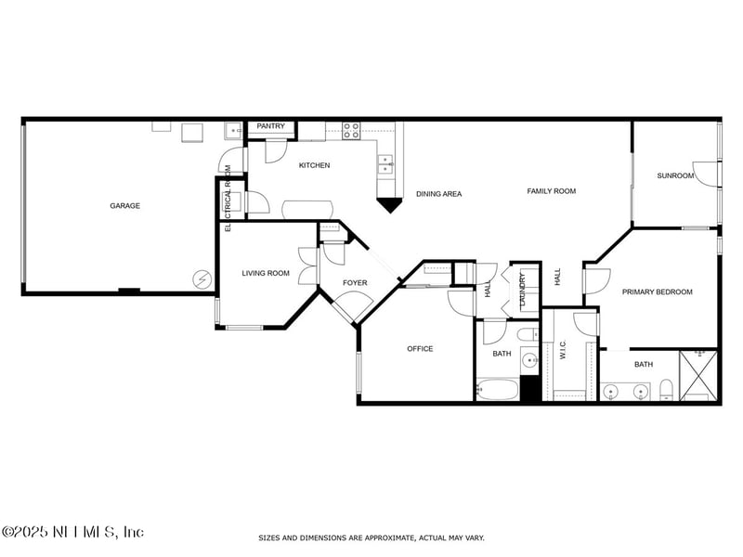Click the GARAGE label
[x=124, y=205]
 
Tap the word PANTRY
[x=270, y=126]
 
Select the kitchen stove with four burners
[x=351, y=131]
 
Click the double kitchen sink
[x=385, y=164]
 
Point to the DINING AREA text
[x=438, y=194]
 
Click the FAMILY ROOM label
[x=552, y=191]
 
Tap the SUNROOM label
[x=675, y=175]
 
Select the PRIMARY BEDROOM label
[x=657, y=291]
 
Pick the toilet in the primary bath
[x=666, y=391]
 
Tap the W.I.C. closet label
[x=562, y=350]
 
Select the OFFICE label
[x=420, y=349]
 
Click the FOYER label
[x=355, y=282]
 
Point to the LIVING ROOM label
[x=266, y=273]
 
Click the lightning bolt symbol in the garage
[x=201, y=278]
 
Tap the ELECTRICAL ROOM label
[x=228, y=197]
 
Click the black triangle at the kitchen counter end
[x=390, y=203]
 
